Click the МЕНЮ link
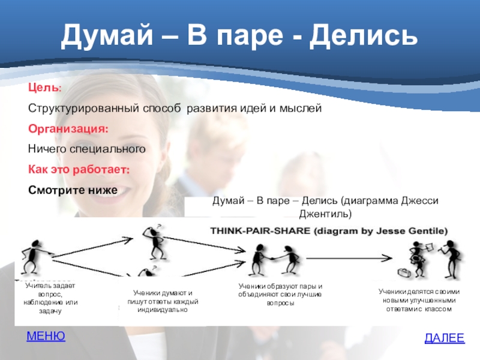point(46,336)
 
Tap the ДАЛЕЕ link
point(445,338)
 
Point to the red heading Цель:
point(45,88)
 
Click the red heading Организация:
point(68,128)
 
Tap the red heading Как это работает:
point(79,169)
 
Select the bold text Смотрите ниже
point(73,190)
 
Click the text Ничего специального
point(87,149)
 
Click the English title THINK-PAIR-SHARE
point(260,231)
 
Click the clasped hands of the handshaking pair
point(272,258)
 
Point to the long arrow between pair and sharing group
point(349,258)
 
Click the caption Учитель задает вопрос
point(50,298)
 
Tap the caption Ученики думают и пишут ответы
point(163,301)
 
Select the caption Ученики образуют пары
point(280,295)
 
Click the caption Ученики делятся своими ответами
point(419,300)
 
